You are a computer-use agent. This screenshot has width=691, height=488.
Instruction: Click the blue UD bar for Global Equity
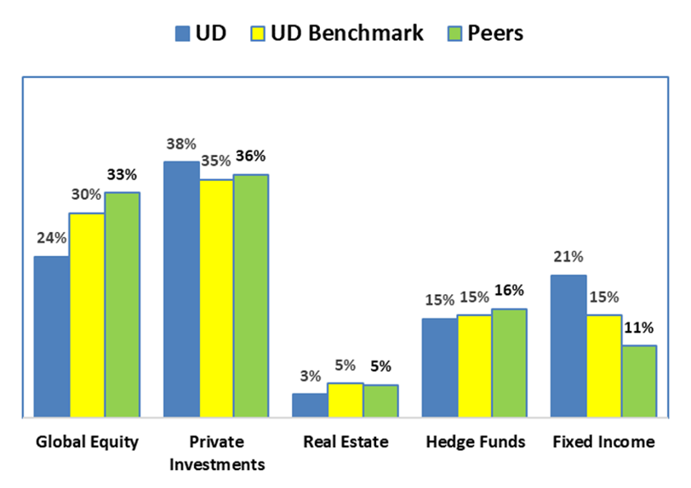coord(51,337)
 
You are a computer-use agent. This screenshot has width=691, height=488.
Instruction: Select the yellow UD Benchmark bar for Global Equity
coord(87,315)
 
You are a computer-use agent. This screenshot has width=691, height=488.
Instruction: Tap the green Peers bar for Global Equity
coord(123,305)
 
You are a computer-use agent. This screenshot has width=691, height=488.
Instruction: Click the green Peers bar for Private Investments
coord(251,296)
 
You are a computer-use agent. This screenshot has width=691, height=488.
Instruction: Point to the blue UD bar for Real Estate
coord(310,406)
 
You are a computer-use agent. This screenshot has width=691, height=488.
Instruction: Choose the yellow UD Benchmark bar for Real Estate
coord(345,400)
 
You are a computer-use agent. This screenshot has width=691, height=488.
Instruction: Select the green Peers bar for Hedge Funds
coord(509,363)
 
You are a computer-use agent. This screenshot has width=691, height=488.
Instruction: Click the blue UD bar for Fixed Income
coord(568,346)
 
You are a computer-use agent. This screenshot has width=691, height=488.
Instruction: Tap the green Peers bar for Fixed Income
coord(639,382)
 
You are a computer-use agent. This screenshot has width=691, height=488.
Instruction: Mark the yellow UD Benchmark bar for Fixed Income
coord(603,366)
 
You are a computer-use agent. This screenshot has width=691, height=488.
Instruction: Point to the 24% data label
coord(51,238)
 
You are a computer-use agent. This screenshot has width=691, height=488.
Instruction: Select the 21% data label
coord(568,257)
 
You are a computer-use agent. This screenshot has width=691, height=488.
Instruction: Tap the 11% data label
coord(639,327)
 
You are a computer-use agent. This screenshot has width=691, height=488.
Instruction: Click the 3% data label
coord(309,375)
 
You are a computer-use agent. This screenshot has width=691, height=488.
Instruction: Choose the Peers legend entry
coord(486,33)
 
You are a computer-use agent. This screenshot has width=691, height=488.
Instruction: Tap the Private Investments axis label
coord(215,453)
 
